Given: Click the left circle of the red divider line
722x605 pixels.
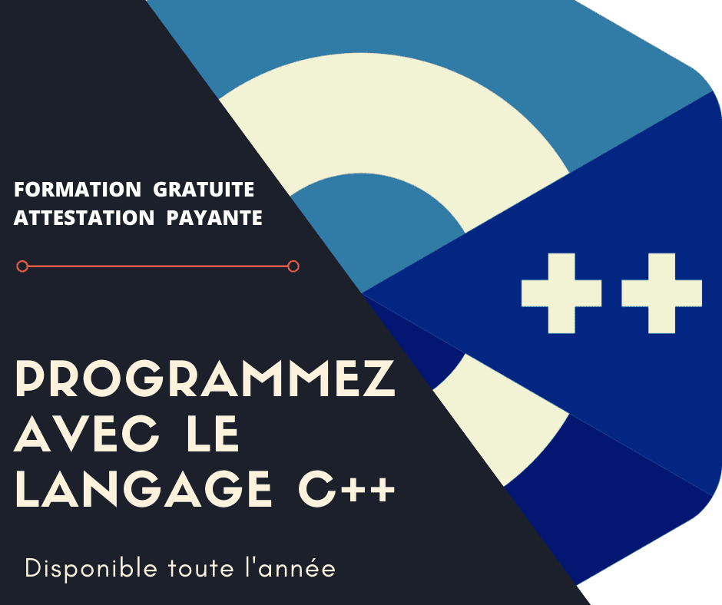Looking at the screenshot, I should [x=22, y=266].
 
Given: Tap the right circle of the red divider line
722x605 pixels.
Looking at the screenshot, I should [x=293, y=266].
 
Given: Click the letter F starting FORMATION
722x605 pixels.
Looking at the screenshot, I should [x=19, y=189].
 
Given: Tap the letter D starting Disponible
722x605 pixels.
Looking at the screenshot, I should [x=32, y=568].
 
